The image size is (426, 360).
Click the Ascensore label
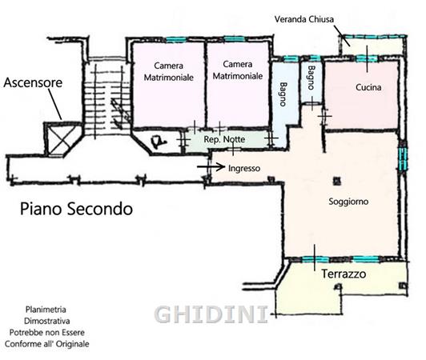[33, 82]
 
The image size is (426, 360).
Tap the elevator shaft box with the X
[63, 139]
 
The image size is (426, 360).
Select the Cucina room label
[368, 87]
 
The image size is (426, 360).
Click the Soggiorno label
[348, 202]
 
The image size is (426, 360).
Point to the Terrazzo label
[344, 274]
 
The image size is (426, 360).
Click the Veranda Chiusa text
[304, 19]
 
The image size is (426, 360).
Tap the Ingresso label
[244, 168]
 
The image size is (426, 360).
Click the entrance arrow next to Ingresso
[211, 166]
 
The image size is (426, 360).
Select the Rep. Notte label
[224, 139]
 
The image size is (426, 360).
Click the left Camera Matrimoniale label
[169, 71]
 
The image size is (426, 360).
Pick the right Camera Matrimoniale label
[238, 70]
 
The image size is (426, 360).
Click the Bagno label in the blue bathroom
[283, 94]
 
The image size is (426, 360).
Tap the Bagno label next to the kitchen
[311, 78]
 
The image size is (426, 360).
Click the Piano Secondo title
[77, 209]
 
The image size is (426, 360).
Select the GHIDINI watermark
[211, 314]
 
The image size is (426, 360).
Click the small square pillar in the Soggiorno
[337, 181]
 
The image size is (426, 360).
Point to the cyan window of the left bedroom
[176, 40]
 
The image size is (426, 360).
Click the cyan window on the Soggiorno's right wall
[403, 158]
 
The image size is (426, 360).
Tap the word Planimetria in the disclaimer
[46, 310]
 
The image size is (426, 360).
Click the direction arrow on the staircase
[119, 113]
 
